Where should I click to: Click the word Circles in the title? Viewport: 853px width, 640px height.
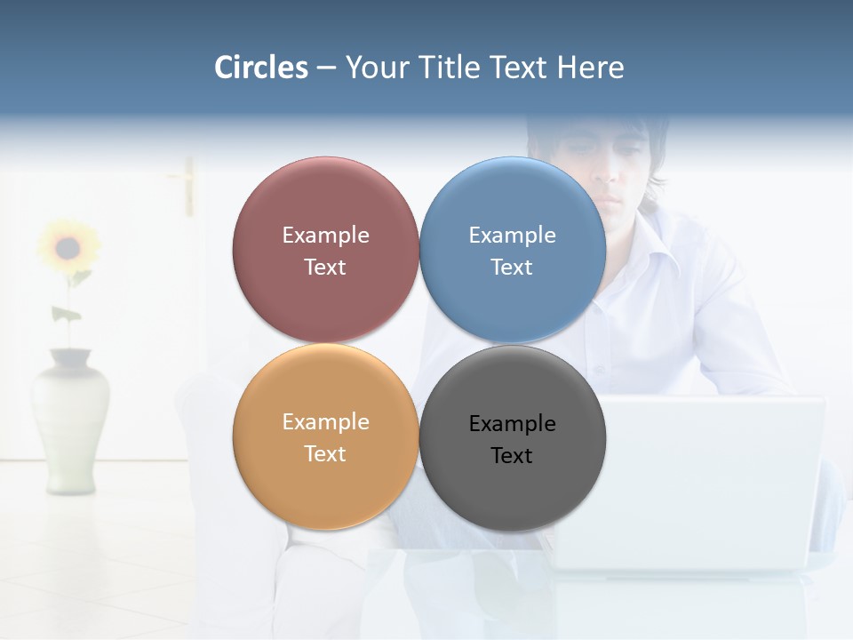pyautogui.click(x=261, y=68)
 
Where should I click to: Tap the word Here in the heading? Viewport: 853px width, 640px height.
pyautogui.click(x=591, y=68)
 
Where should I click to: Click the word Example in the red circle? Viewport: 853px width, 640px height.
pyautogui.click(x=325, y=236)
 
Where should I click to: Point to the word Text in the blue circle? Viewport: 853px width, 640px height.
pyautogui.click(x=512, y=268)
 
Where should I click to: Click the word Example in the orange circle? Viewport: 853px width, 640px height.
pyautogui.click(x=325, y=422)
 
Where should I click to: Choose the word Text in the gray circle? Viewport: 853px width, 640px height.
pyautogui.click(x=512, y=456)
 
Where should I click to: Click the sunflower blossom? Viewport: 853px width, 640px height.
pyautogui.click(x=68, y=247)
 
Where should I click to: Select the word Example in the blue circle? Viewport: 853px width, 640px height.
pyautogui.click(x=512, y=236)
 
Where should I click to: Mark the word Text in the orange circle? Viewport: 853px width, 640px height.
pyautogui.click(x=325, y=454)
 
